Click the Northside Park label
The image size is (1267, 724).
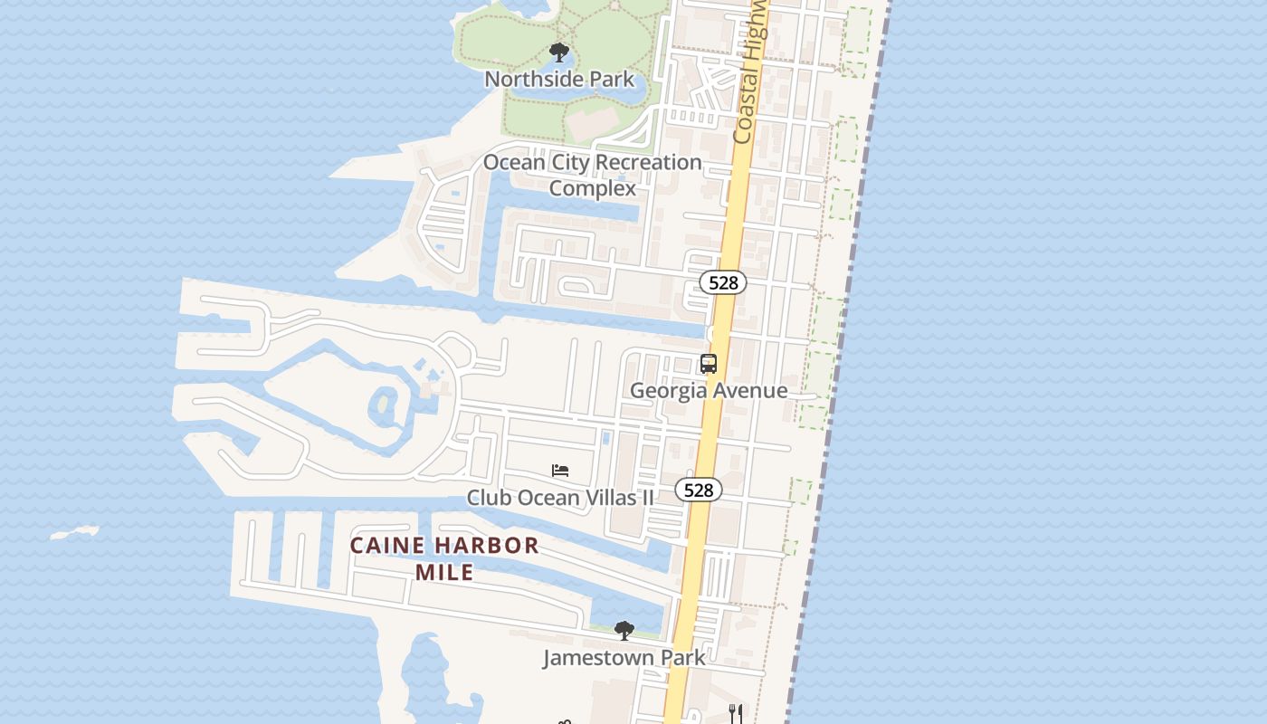coord(559,79)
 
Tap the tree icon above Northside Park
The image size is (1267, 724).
coord(559,52)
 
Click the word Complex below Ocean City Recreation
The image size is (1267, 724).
coord(593,188)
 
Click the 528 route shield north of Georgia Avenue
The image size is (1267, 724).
coord(723,282)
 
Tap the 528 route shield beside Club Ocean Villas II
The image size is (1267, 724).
coord(699,490)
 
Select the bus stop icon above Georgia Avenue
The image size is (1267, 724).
coord(709,364)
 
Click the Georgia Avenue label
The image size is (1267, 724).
coord(709,390)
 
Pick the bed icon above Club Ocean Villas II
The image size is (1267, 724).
coord(560,471)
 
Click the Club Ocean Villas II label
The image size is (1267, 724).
coord(560,497)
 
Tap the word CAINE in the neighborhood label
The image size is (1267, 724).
coord(381,546)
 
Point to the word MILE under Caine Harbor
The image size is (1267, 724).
coord(444,572)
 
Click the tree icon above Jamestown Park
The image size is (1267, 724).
coord(624,630)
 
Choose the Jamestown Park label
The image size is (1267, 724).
coord(624,657)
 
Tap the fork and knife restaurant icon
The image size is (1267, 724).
coord(736,713)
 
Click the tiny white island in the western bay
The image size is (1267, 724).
coord(75,533)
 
